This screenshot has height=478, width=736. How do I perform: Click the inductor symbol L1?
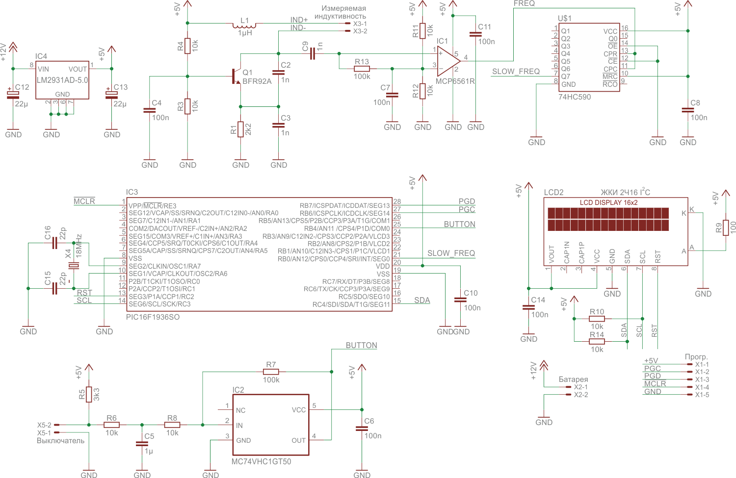click(x=244, y=25)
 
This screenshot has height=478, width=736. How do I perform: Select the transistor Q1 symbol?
click(x=236, y=76)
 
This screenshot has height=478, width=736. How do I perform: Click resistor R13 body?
click(x=362, y=69)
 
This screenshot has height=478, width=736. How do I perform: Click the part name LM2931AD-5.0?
click(x=62, y=80)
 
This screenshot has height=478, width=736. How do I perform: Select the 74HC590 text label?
click(x=575, y=97)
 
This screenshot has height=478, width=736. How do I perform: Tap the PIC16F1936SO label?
click(x=153, y=317)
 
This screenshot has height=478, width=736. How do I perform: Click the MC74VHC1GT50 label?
click(x=261, y=462)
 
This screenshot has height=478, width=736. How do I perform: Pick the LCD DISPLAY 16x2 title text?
click(x=608, y=202)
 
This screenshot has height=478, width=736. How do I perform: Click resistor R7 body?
click(x=271, y=372)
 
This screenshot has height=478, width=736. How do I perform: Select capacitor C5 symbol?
click(x=142, y=444)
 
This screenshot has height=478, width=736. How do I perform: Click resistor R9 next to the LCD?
click(x=726, y=227)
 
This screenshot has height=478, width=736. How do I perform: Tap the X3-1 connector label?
click(x=360, y=24)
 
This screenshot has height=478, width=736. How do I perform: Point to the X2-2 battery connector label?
click(x=581, y=395)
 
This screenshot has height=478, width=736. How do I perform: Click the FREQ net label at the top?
click(x=524, y=3)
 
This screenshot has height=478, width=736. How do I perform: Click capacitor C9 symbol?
click(x=313, y=53)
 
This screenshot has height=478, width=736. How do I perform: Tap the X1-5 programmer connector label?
click(x=702, y=395)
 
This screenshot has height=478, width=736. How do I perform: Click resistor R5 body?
click(x=89, y=394)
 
